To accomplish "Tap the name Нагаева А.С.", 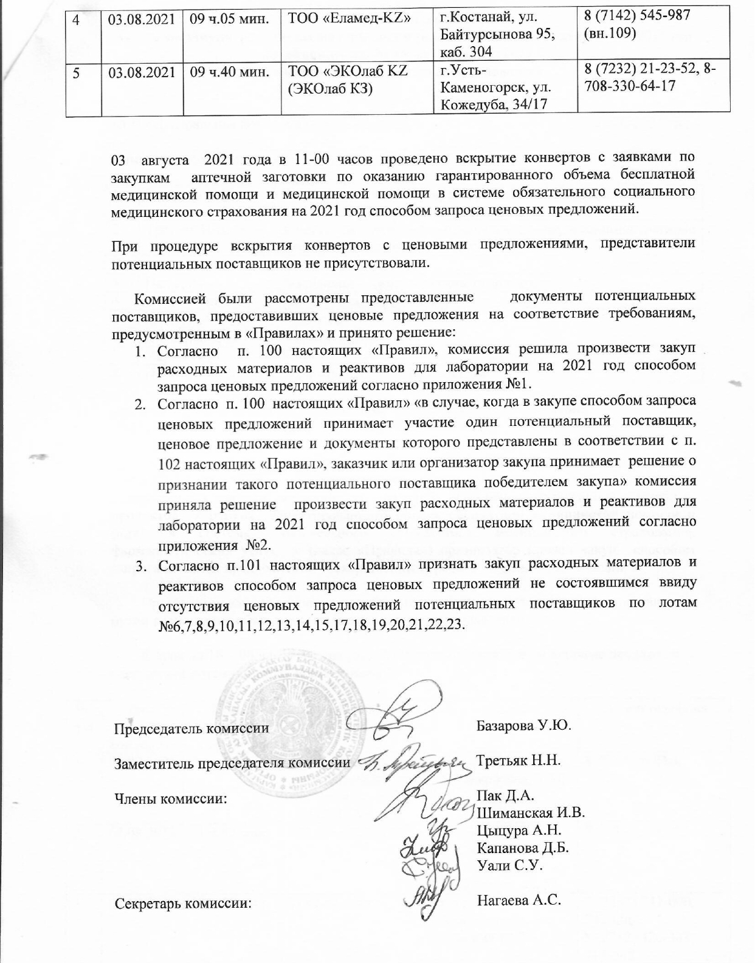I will coord(519,900).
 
